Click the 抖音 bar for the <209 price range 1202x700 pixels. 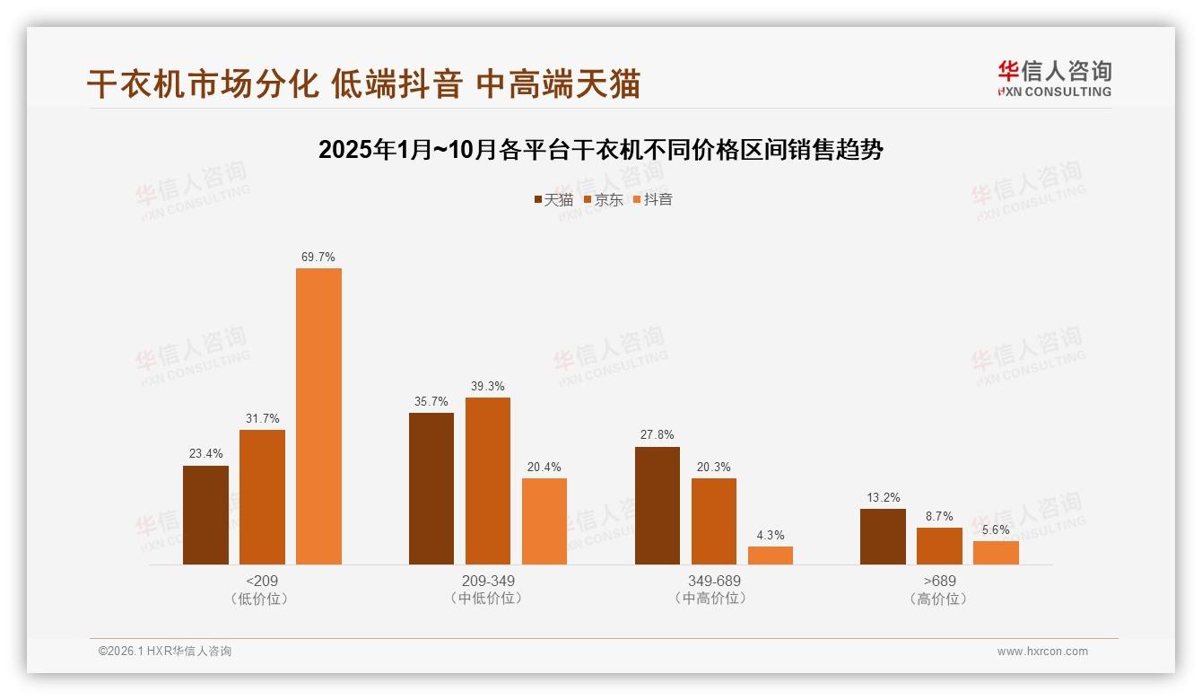click(x=318, y=416)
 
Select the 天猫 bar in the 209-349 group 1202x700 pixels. click(x=431, y=488)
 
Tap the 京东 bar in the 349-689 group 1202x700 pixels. click(x=714, y=521)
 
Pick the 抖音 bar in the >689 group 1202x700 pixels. click(x=996, y=553)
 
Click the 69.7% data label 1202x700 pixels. click(x=318, y=257)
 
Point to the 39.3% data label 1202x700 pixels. click(x=488, y=386)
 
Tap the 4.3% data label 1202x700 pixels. click(x=771, y=535)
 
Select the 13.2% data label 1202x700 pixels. click(x=884, y=497)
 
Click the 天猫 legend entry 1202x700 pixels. click(x=553, y=199)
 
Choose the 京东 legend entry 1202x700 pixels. click(x=603, y=199)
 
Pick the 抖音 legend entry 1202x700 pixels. click(x=652, y=199)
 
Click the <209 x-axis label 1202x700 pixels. click(x=261, y=581)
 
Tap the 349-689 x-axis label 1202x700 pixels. click(x=713, y=581)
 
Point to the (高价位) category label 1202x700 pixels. click(x=939, y=599)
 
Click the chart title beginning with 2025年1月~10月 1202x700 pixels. click(x=601, y=150)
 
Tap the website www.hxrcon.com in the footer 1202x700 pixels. click(x=1042, y=652)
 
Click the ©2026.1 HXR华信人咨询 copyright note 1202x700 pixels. click(x=165, y=652)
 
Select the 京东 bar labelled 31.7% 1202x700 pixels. click(x=262, y=497)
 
